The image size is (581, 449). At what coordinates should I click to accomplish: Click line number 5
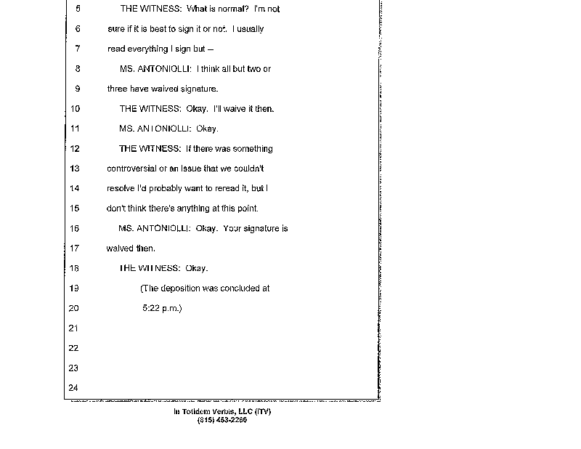pyautogui.click(x=77, y=9)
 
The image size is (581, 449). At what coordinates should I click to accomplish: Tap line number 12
pyautogui.click(x=76, y=148)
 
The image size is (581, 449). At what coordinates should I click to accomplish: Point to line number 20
pyautogui.click(x=73, y=308)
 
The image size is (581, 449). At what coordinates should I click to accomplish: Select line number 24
pyautogui.click(x=73, y=387)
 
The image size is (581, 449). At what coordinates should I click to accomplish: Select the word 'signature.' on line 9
pyautogui.click(x=199, y=89)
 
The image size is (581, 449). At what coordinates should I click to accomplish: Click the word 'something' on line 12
pyautogui.click(x=250, y=148)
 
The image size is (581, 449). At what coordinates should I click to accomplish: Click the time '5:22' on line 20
pyautogui.click(x=152, y=308)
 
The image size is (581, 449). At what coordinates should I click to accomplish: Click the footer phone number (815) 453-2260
pyautogui.click(x=222, y=419)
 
